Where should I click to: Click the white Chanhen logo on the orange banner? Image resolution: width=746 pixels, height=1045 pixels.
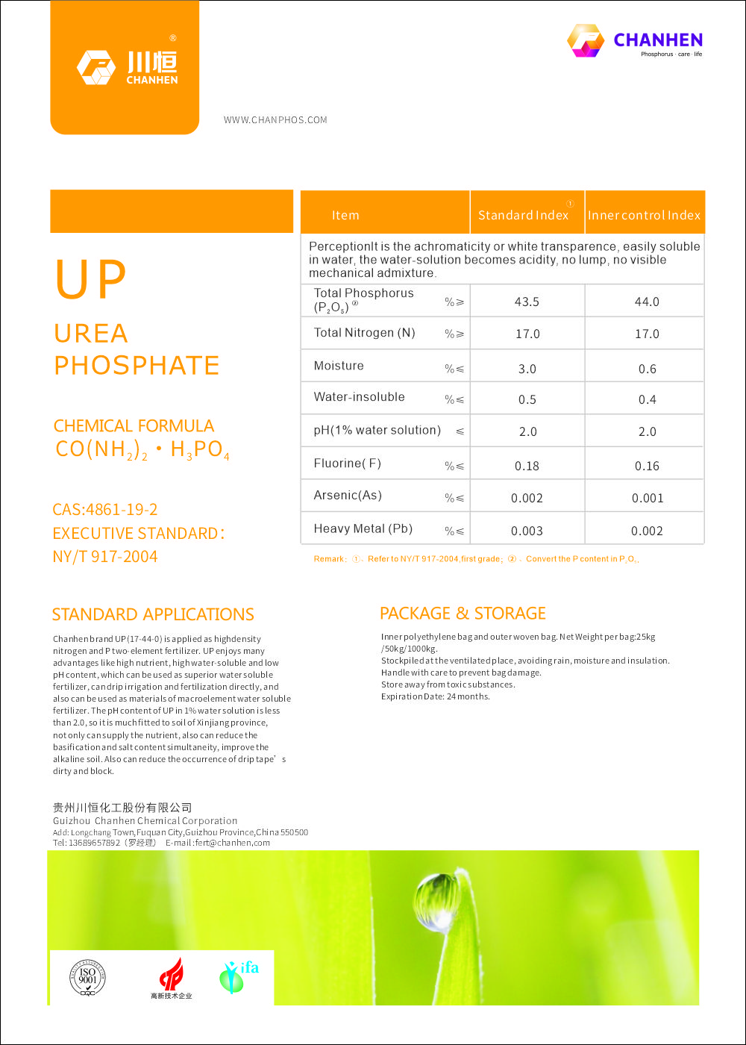[x=128, y=67]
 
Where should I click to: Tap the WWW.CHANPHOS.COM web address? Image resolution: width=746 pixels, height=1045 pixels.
[x=275, y=120]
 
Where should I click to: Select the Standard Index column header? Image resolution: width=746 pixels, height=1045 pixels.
[x=524, y=215]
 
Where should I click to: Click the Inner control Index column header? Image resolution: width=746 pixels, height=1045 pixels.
[x=644, y=215]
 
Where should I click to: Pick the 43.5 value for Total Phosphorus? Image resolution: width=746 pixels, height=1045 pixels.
[x=527, y=302]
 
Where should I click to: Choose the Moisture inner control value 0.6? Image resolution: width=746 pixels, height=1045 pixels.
[x=647, y=369]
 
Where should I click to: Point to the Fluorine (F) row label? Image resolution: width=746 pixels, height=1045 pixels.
[x=348, y=464]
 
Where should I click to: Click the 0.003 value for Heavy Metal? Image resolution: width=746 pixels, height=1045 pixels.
[x=527, y=531]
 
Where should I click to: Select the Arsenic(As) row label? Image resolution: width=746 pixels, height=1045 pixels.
[x=348, y=496]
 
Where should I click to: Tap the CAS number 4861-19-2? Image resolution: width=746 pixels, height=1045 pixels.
[x=105, y=510]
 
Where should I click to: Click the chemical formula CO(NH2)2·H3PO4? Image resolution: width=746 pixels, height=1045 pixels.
[x=142, y=450]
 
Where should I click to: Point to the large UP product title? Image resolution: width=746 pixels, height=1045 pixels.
[x=91, y=280]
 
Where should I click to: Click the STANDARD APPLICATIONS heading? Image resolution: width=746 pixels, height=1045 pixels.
[x=153, y=614]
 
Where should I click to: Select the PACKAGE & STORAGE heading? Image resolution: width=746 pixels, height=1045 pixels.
[x=463, y=614]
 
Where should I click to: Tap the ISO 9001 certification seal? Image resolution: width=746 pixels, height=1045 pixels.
[x=88, y=977]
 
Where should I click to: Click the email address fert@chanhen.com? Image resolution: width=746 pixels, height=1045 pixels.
[x=233, y=843]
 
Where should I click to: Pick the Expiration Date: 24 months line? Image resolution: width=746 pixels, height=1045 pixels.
[x=436, y=696]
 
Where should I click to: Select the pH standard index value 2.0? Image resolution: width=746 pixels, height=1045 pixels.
[x=527, y=431]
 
